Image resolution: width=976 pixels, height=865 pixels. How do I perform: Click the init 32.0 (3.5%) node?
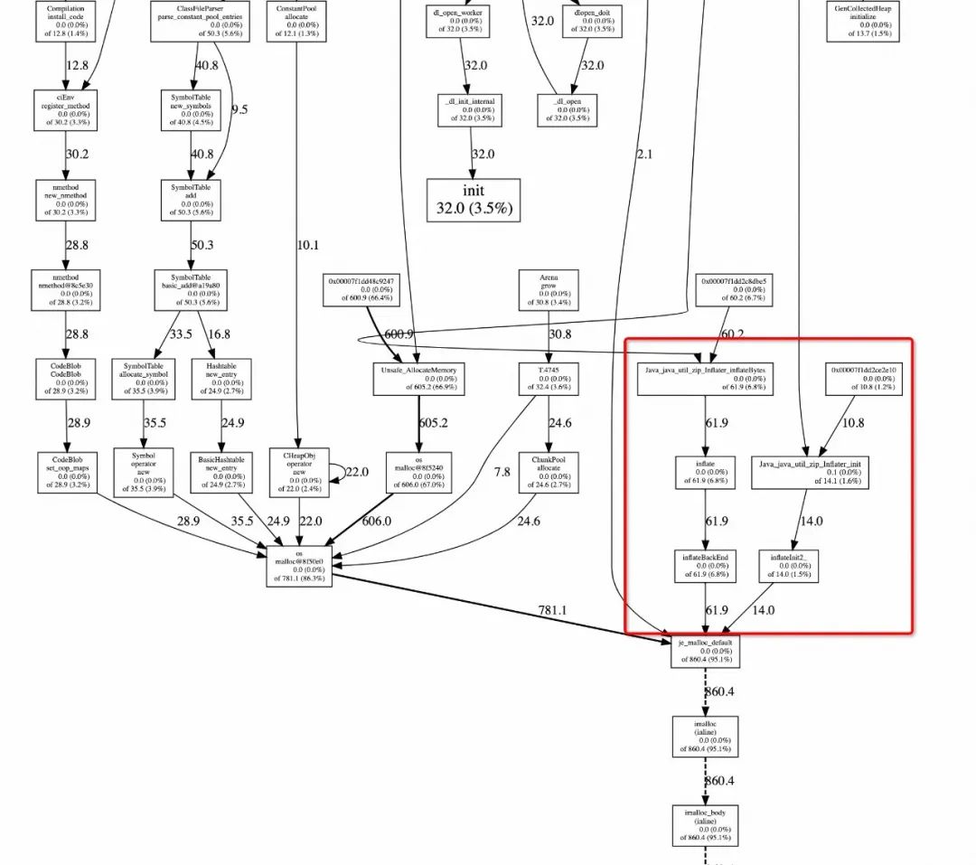pos(474,200)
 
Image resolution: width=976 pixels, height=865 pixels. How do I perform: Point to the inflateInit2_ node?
pos(788,566)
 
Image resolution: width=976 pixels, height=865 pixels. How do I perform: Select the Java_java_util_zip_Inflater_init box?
pos(810,473)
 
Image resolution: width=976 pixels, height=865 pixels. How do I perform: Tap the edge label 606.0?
pos(377,521)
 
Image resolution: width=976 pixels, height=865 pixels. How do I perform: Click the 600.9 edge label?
pos(399,334)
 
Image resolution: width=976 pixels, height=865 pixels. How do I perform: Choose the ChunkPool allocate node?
pos(548,472)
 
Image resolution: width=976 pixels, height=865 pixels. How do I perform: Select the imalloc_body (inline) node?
pos(706,826)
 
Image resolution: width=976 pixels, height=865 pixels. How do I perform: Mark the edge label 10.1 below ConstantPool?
pos(308,244)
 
